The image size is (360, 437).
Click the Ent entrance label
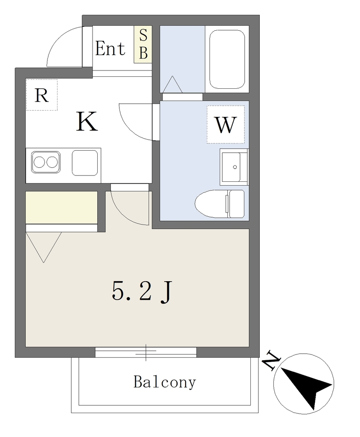click(110, 49)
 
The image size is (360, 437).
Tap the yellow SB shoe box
click(143, 44)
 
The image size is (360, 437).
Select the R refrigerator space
click(41, 95)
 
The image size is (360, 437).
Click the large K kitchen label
click(87, 121)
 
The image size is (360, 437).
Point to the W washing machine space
click(226, 125)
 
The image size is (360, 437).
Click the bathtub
click(227, 59)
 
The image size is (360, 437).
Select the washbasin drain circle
click(235, 167)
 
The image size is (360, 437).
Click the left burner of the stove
click(39, 162)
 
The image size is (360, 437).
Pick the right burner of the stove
click(52, 162)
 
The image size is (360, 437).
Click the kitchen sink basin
click(85, 163)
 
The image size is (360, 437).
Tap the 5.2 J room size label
click(142, 291)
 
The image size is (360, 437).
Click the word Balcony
click(165, 382)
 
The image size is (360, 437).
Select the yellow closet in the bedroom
click(61, 207)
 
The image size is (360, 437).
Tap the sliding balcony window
click(146, 352)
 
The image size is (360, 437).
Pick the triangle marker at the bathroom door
click(172, 84)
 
